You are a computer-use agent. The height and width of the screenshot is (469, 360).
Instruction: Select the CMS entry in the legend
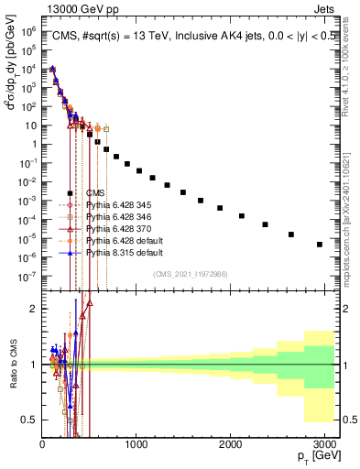click(95, 192)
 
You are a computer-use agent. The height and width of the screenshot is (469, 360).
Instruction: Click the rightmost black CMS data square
click(320, 245)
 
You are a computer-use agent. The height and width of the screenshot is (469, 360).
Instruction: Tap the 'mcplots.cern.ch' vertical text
click(351, 211)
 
